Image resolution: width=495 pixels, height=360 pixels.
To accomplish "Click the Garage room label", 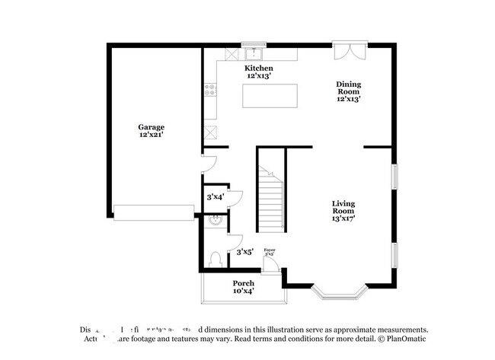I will pyautogui.click(x=151, y=131).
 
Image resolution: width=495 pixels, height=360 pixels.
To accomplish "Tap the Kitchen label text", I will pyautogui.click(x=258, y=72).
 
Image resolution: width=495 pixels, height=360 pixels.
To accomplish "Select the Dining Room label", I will pyautogui.click(x=349, y=91).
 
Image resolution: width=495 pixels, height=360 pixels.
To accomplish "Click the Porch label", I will pyautogui.click(x=244, y=287).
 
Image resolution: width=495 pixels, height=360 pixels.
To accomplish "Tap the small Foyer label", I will pyautogui.click(x=269, y=253).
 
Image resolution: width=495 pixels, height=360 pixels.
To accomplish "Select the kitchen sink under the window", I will pyautogui.click(x=253, y=54).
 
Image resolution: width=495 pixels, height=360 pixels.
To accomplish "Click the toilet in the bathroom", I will pyautogui.click(x=216, y=259).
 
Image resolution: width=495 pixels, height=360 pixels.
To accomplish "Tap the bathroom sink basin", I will pyautogui.click(x=216, y=221).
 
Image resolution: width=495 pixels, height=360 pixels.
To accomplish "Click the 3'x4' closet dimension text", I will pyautogui.click(x=215, y=197).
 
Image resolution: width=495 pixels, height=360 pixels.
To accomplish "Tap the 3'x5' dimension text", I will pyautogui.click(x=244, y=252).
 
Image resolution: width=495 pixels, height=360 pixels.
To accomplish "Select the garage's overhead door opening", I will pyautogui.click(x=155, y=211).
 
